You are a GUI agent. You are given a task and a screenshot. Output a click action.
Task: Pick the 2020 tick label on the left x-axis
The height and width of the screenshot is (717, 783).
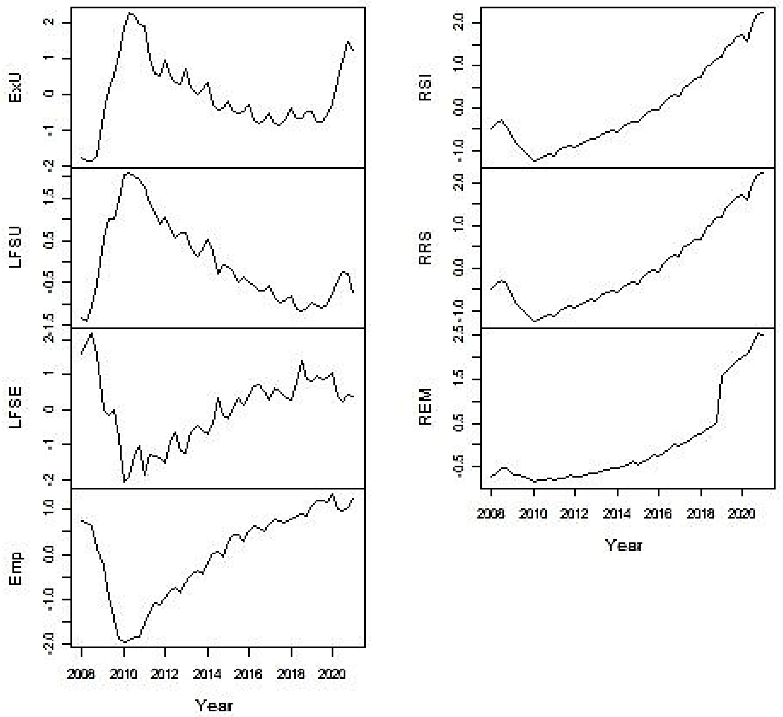coord(332,674)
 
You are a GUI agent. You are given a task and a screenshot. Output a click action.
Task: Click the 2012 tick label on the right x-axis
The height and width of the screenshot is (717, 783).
coord(575,514)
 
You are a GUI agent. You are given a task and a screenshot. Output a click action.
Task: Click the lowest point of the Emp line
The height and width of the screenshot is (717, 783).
coord(124,642)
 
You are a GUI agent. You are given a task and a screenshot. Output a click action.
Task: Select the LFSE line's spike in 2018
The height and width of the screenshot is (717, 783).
coord(302,361)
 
